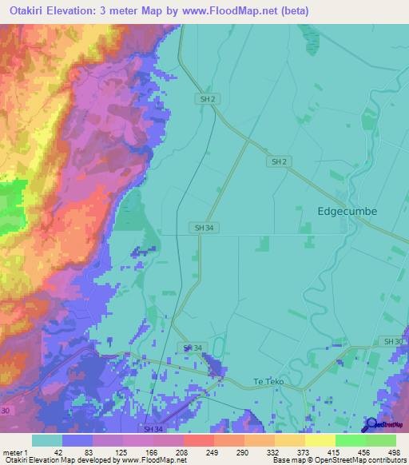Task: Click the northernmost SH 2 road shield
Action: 207,98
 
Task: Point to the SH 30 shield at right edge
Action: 393,341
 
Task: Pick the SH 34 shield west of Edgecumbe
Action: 201,228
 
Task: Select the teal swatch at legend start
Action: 47,440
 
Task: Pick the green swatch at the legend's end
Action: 381,440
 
